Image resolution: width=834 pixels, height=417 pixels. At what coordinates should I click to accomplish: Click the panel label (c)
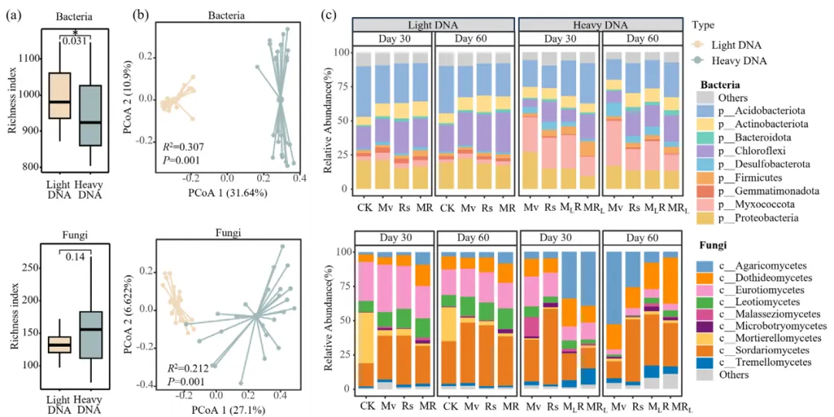click(x=329, y=14)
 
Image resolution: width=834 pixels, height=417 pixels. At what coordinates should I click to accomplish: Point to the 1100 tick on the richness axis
click(x=29, y=59)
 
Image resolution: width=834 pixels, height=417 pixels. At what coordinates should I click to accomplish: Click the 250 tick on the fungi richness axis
click(x=31, y=267)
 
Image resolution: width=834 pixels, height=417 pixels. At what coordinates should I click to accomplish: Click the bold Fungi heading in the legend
click(x=716, y=245)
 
